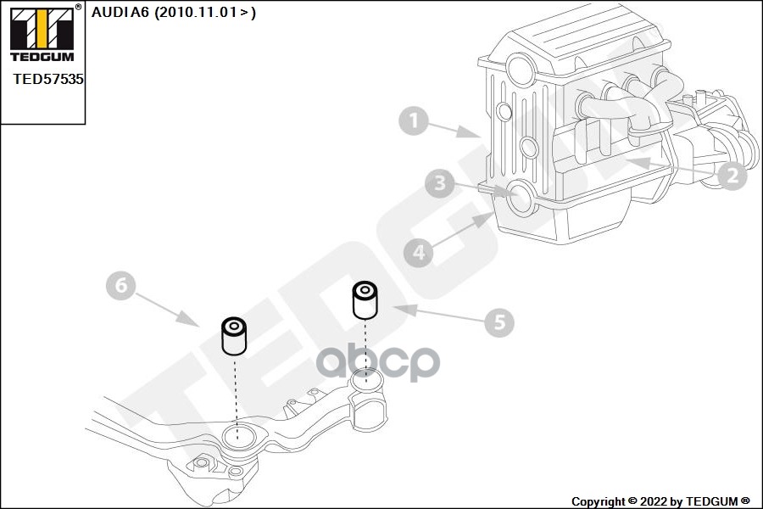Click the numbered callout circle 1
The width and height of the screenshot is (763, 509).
point(414,121)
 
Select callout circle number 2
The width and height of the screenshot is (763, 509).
point(731,176)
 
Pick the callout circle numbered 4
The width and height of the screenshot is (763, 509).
point(418,252)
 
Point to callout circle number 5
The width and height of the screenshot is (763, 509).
point(499,322)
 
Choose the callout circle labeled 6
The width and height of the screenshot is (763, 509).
point(120,287)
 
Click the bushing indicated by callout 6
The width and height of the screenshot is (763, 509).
point(233,336)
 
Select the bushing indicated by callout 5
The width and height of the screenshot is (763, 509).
point(365,299)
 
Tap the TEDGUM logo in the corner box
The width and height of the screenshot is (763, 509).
point(41,34)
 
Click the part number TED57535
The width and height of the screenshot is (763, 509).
point(48,78)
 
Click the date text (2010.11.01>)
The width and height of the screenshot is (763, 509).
point(204,12)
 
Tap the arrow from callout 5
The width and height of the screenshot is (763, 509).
point(432,313)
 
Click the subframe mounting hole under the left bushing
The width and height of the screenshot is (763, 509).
point(238,439)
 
